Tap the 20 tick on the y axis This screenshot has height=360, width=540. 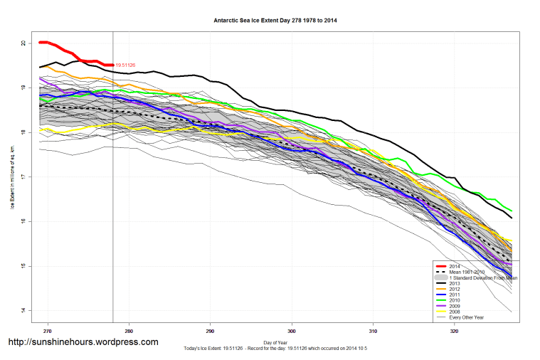pyautogui.click(x=23, y=43)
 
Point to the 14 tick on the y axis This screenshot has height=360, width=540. pyautogui.click(x=23, y=311)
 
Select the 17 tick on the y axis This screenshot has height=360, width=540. pyautogui.click(x=23, y=177)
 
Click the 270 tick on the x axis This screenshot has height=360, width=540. pyautogui.click(x=48, y=331)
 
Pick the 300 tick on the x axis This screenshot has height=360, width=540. pyautogui.click(x=292, y=331)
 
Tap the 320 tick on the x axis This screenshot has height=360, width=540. pyautogui.click(x=455, y=331)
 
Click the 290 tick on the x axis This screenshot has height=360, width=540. pyautogui.click(x=211, y=331)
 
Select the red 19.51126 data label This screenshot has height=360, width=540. pyautogui.click(x=125, y=65)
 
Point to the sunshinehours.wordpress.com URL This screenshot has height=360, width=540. pyautogui.click(x=83, y=342)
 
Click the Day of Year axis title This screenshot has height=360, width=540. pyautogui.click(x=277, y=342)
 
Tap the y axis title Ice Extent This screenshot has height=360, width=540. pyautogui.click(x=12, y=178)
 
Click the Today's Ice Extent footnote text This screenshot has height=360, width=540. pyautogui.click(x=277, y=349)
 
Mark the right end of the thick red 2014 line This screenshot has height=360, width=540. pyautogui.click(x=112, y=65)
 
